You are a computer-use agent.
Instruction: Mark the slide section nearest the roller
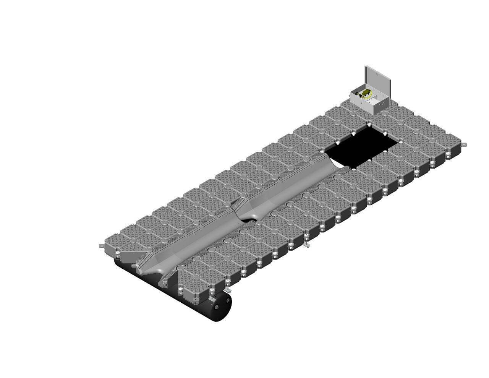(191, 245)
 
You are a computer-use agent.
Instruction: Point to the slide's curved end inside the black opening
(338, 164)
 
